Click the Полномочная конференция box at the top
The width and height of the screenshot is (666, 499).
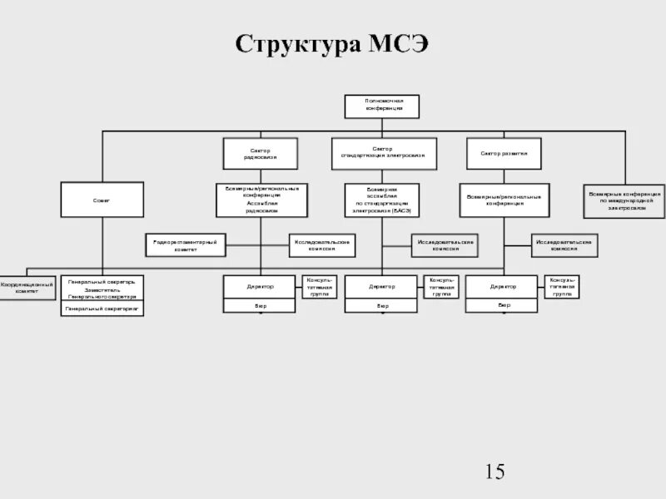[x=382, y=106]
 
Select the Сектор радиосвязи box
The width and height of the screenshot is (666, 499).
[x=260, y=153]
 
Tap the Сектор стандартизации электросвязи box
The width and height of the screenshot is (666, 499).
[x=382, y=152]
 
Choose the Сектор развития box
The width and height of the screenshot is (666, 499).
[x=504, y=153]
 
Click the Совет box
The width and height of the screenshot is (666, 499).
[x=102, y=200]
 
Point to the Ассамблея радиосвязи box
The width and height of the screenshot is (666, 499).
[x=261, y=200]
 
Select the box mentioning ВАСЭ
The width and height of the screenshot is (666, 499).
[x=382, y=200]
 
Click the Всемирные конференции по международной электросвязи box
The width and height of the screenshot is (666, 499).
[x=624, y=200]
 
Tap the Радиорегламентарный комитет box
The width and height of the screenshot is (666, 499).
[x=186, y=245]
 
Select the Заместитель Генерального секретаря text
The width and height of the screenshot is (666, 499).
[x=102, y=293]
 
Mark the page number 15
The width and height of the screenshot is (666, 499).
[x=495, y=472]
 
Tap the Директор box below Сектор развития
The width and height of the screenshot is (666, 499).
[x=504, y=286]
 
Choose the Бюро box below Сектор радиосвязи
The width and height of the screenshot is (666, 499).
[x=261, y=306]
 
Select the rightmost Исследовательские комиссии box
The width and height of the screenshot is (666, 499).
[x=564, y=245]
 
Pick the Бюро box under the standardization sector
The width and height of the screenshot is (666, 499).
[x=382, y=306]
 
